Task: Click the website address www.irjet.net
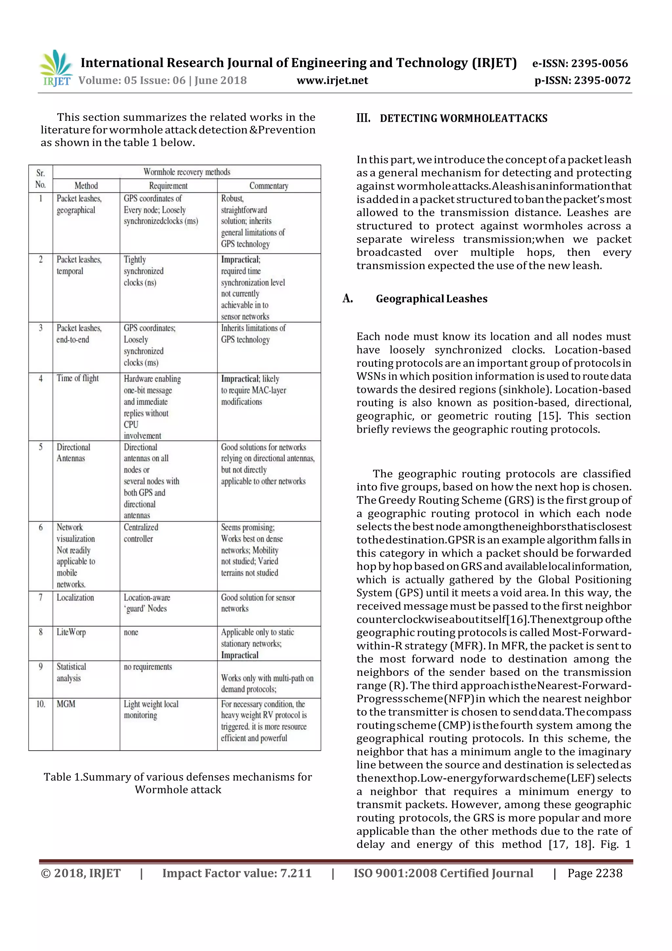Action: click(x=332, y=80)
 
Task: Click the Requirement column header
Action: click(x=168, y=185)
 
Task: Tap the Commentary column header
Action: click(x=269, y=185)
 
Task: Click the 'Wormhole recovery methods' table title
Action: click(x=187, y=172)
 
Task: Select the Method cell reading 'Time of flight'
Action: click(x=77, y=378)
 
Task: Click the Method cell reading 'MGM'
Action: click(x=66, y=704)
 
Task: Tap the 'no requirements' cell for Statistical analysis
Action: click(x=148, y=667)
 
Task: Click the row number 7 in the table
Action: click(x=41, y=597)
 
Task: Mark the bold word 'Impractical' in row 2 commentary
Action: click(x=240, y=260)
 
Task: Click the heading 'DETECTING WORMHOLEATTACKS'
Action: click(x=463, y=119)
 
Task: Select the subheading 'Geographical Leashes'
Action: click(x=431, y=299)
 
